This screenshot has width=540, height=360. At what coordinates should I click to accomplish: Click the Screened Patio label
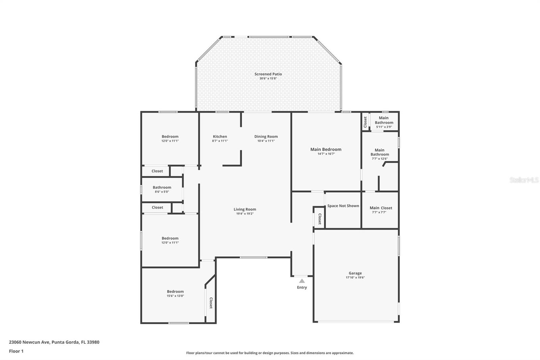point(268,74)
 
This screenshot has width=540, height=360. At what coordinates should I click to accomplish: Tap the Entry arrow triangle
point(302,281)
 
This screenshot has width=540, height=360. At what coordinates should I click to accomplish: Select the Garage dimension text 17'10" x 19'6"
point(355,278)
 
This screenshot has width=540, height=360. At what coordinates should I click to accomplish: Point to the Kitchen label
point(220,136)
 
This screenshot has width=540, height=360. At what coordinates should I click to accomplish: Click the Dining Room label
point(266,136)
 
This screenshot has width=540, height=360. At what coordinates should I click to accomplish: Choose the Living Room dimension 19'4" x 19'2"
point(245,213)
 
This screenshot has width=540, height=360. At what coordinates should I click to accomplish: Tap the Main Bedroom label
point(326,149)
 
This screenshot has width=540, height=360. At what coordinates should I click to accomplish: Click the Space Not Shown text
point(343,206)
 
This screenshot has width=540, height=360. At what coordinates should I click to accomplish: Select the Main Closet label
point(381,208)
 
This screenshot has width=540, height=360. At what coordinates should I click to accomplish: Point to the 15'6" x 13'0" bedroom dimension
point(175,296)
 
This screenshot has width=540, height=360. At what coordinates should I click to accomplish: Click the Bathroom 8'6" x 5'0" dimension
point(162,192)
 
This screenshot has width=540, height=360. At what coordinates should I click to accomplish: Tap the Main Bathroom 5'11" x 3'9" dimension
point(384,127)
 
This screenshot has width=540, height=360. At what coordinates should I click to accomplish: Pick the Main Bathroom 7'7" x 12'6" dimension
point(380,159)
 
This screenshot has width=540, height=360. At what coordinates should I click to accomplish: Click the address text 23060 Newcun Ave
point(29,342)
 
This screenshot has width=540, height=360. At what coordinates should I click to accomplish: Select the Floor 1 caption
point(16,351)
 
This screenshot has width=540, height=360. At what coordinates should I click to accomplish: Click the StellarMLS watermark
point(524,180)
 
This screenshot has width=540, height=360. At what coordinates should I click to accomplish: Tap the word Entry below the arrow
point(302,287)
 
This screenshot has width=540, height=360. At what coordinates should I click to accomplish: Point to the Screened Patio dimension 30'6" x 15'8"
point(268,78)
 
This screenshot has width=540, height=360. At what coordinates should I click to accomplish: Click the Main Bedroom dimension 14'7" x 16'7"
point(326,154)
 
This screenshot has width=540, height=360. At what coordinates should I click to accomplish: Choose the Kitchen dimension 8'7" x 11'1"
point(220,141)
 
